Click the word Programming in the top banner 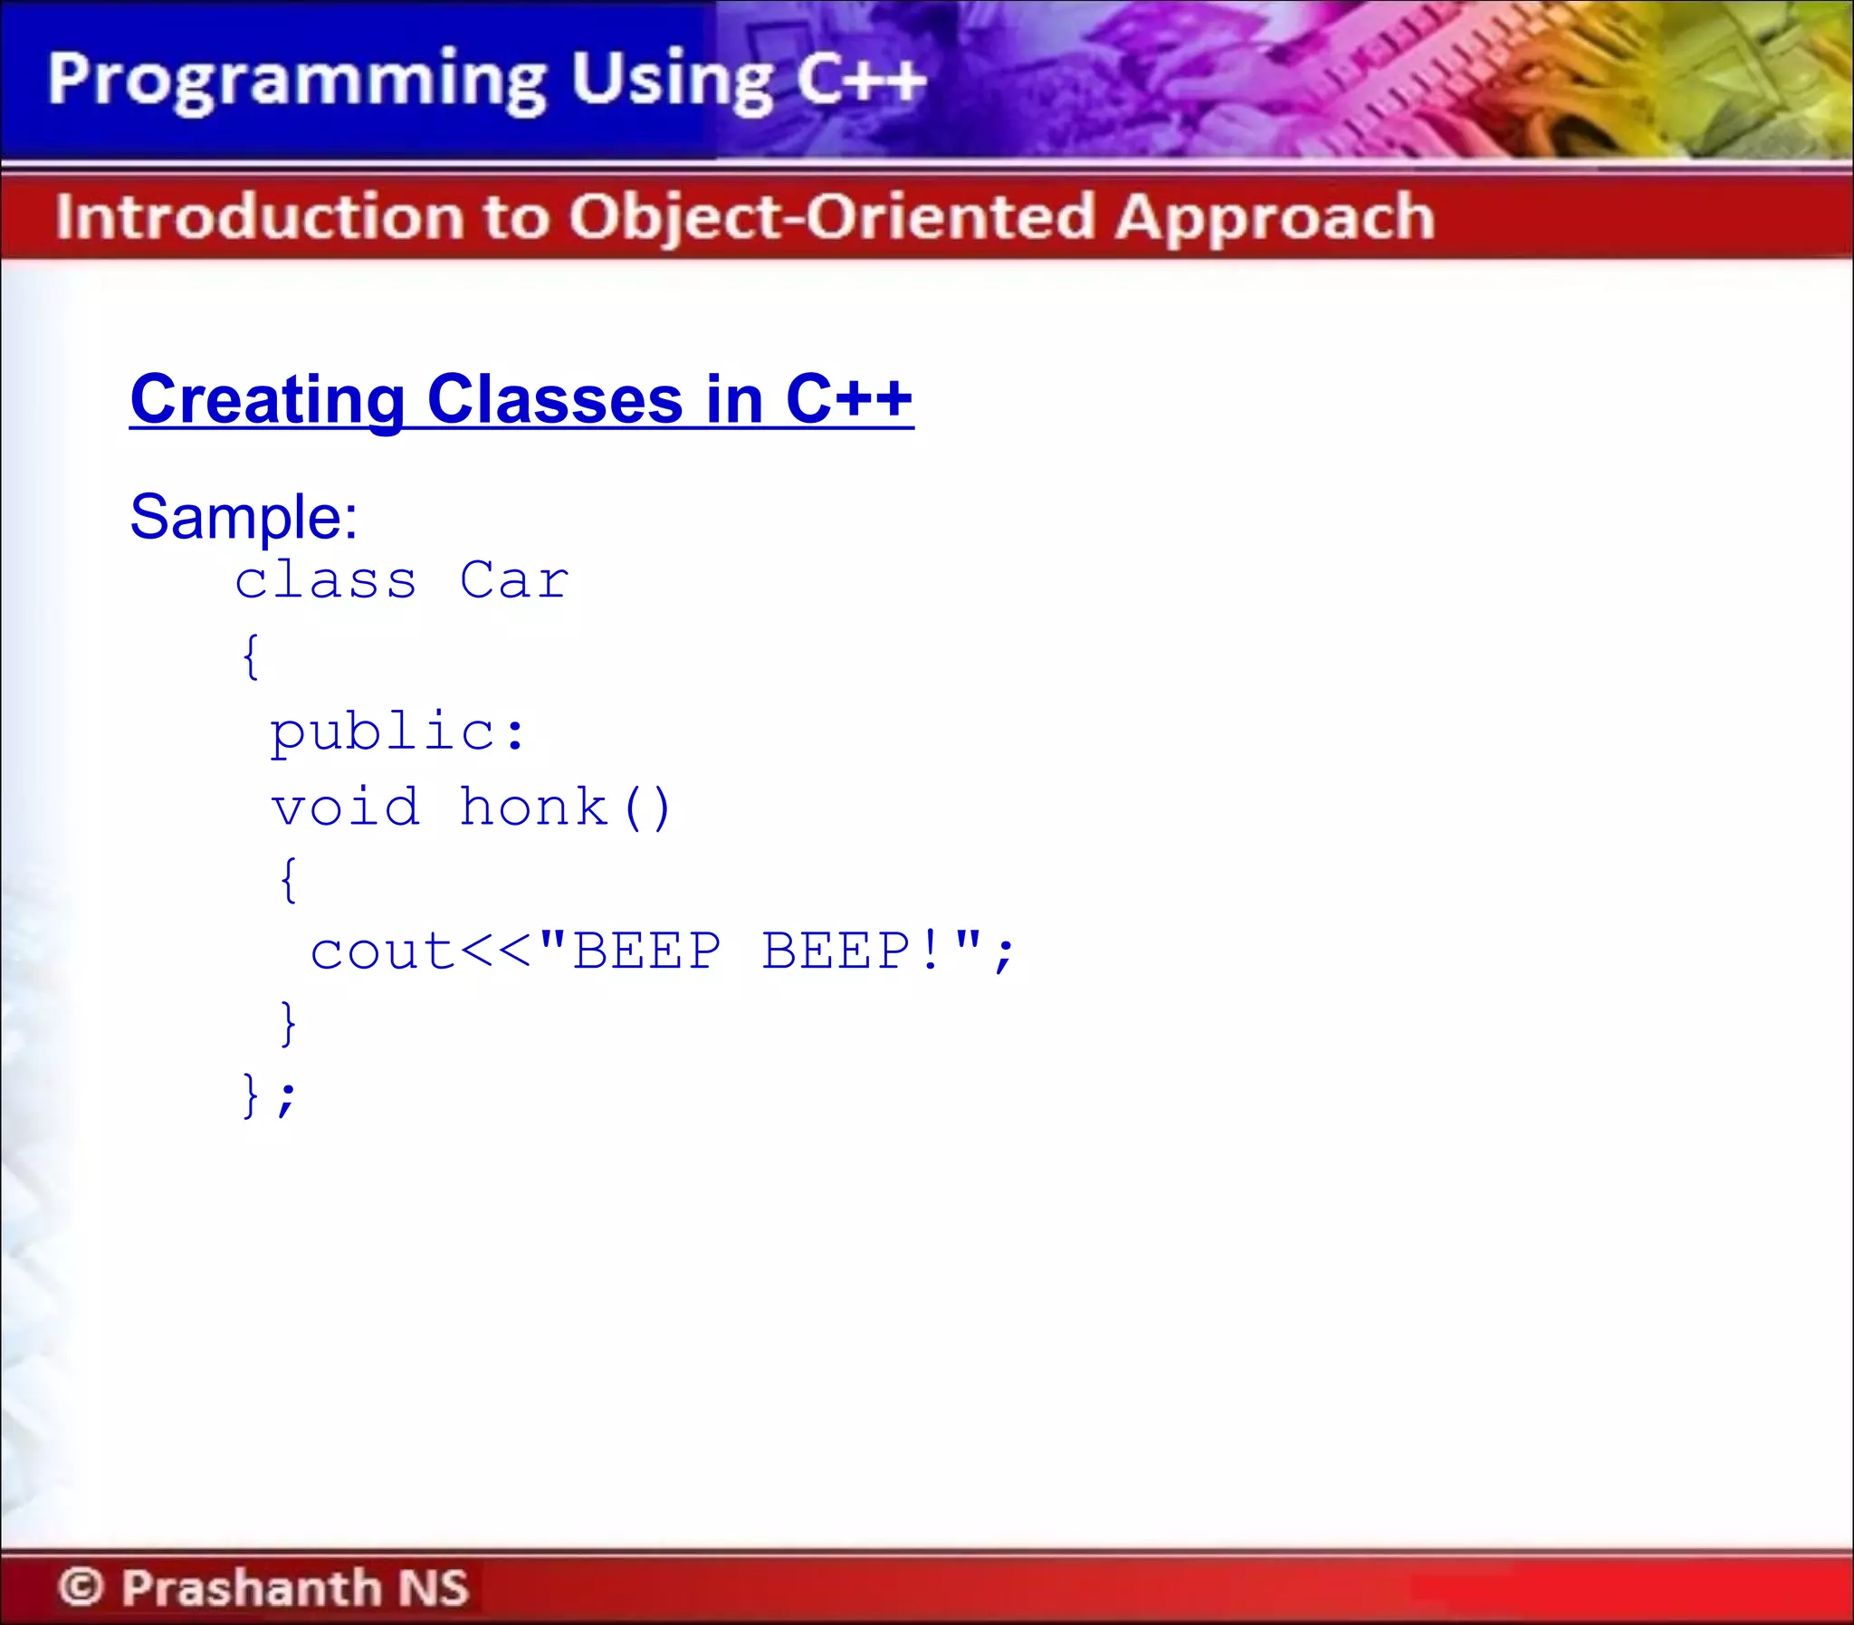coord(296,81)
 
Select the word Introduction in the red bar coord(259,217)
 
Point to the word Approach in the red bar coord(1275,219)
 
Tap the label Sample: coord(244,517)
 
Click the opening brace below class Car coord(251,656)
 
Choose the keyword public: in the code coord(397,732)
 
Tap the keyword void coord(346,807)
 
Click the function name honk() coord(565,807)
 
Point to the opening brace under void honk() coord(287,879)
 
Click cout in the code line coord(382,952)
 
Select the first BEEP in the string coord(646,951)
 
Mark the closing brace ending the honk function coord(287,1023)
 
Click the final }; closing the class coord(268,1095)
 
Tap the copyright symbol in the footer coord(81,1587)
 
